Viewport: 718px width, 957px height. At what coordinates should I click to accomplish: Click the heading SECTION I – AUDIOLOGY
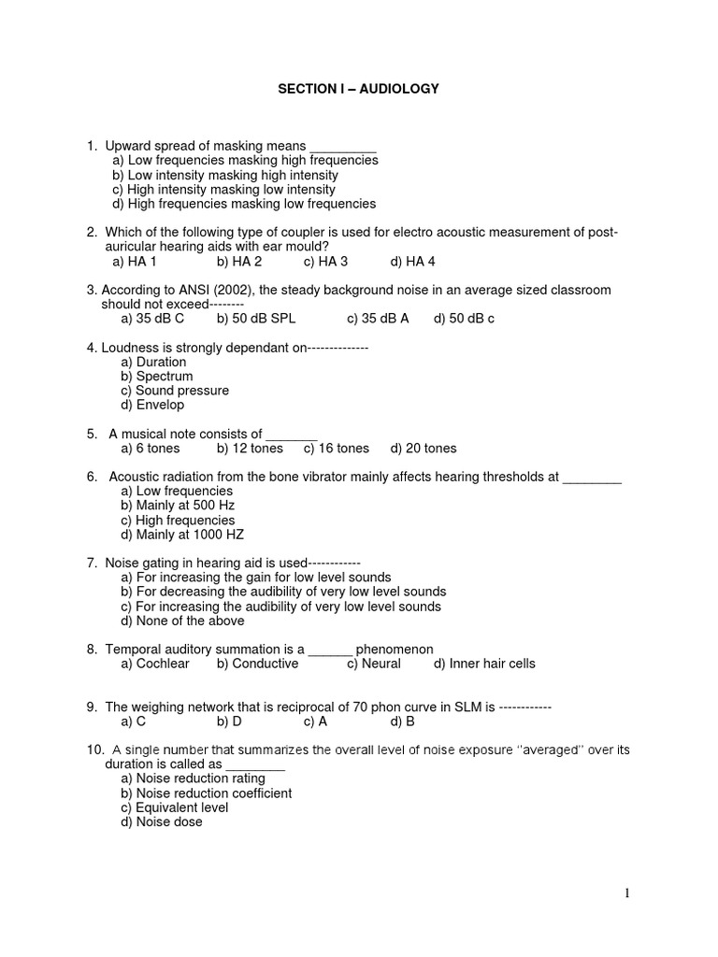tap(358, 89)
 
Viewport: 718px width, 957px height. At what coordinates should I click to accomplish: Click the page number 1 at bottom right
tap(627, 893)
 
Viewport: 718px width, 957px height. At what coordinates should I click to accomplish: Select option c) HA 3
tap(325, 262)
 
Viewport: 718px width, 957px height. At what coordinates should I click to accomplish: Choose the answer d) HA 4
tap(413, 262)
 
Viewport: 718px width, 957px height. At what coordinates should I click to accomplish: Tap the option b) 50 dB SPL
tap(256, 319)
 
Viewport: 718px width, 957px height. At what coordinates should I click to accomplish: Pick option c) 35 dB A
tap(378, 319)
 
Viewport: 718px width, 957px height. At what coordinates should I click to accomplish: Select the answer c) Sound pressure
tap(175, 391)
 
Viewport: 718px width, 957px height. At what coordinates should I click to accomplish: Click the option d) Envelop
tap(152, 405)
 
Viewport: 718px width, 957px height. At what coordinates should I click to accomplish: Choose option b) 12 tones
tap(250, 449)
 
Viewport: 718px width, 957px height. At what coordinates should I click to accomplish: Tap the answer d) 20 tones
tap(424, 449)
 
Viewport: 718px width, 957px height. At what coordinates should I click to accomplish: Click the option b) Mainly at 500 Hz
tap(178, 506)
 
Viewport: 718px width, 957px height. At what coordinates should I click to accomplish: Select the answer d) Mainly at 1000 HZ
tap(182, 535)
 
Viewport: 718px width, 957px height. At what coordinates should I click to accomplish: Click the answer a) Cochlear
tap(155, 664)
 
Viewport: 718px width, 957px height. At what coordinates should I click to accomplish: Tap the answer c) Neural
tap(374, 664)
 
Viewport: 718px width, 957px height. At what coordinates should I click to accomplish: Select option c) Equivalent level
tap(175, 807)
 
